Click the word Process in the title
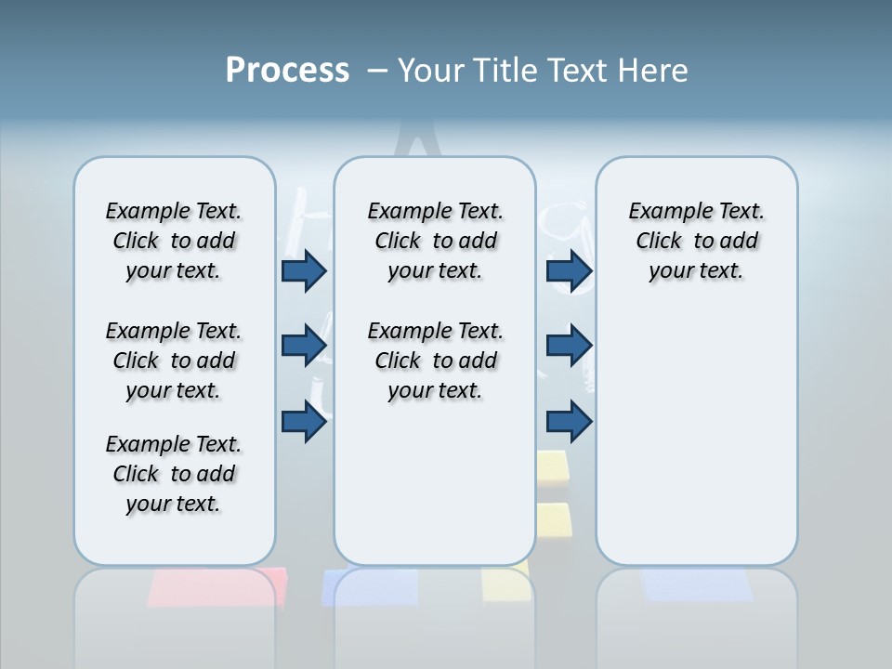click(x=287, y=70)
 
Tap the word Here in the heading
click(x=655, y=71)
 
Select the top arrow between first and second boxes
click(x=304, y=271)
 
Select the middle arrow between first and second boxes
click(x=304, y=346)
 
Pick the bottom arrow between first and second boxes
click(x=304, y=422)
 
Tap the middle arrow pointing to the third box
click(x=569, y=346)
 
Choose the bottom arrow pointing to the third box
click(x=569, y=422)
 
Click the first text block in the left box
click(x=174, y=241)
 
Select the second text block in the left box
click(x=174, y=361)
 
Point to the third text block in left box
click(x=174, y=474)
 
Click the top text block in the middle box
click(x=435, y=241)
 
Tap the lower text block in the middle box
click(x=435, y=361)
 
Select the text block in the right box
click(x=696, y=241)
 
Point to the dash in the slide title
click(x=377, y=71)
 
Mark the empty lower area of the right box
click(x=696, y=427)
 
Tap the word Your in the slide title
click(x=431, y=71)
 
